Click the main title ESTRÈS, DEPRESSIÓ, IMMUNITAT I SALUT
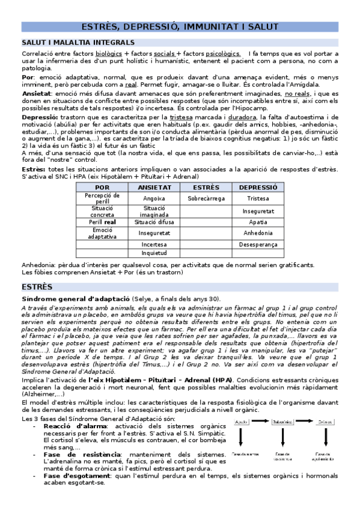pos(180,26)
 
